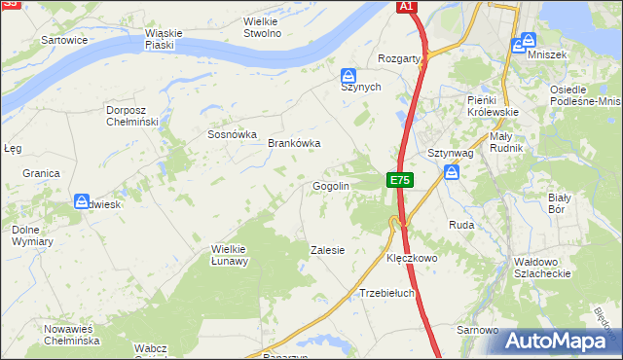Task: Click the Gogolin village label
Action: tap(330, 186)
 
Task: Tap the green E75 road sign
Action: tap(400, 180)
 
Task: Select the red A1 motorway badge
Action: tap(407, 7)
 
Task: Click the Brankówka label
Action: tap(294, 143)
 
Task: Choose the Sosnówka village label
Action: tap(232, 134)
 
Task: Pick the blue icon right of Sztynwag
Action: tap(452, 172)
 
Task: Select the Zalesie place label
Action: tap(327, 250)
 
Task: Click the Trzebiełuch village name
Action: tap(387, 292)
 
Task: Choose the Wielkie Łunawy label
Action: tap(231, 254)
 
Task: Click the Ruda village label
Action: tap(460, 225)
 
